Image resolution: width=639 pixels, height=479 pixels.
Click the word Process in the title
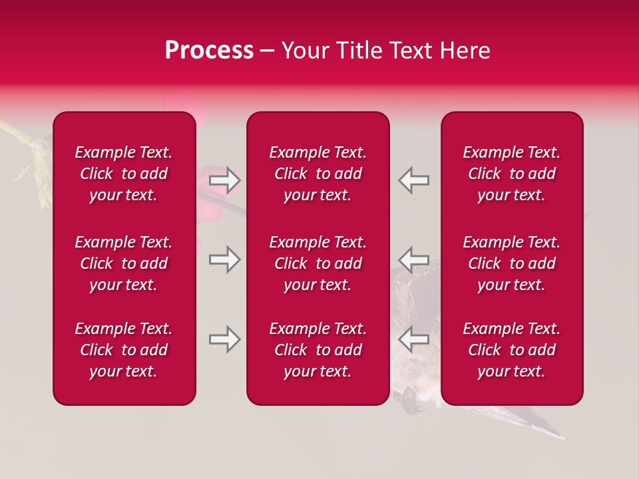tap(209, 51)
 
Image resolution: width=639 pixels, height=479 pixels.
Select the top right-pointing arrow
tap(225, 180)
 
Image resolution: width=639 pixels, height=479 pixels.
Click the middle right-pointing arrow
tap(225, 259)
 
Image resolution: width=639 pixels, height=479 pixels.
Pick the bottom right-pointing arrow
tap(225, 339)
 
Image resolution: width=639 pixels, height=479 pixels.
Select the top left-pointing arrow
tap(413, 180)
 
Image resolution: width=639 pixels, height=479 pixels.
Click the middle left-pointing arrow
tap(413, 259)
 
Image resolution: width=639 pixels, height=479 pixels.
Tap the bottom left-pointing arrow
tap(413, 339)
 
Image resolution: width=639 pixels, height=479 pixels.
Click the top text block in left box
tap(124, 174)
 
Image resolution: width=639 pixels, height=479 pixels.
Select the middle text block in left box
tap(124, 263)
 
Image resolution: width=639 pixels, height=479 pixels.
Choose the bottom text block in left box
tap(124, 350)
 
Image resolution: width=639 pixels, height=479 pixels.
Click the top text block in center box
tap(318, 174)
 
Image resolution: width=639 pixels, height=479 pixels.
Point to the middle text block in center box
tap(318, 263)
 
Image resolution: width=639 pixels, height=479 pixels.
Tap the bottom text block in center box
tap(318, 350)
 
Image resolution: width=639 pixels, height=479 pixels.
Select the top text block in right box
tap(512, 174)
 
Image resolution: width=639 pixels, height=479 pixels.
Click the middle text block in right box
tap(512, 263)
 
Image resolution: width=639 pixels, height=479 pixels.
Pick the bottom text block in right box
tap(512, 350)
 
